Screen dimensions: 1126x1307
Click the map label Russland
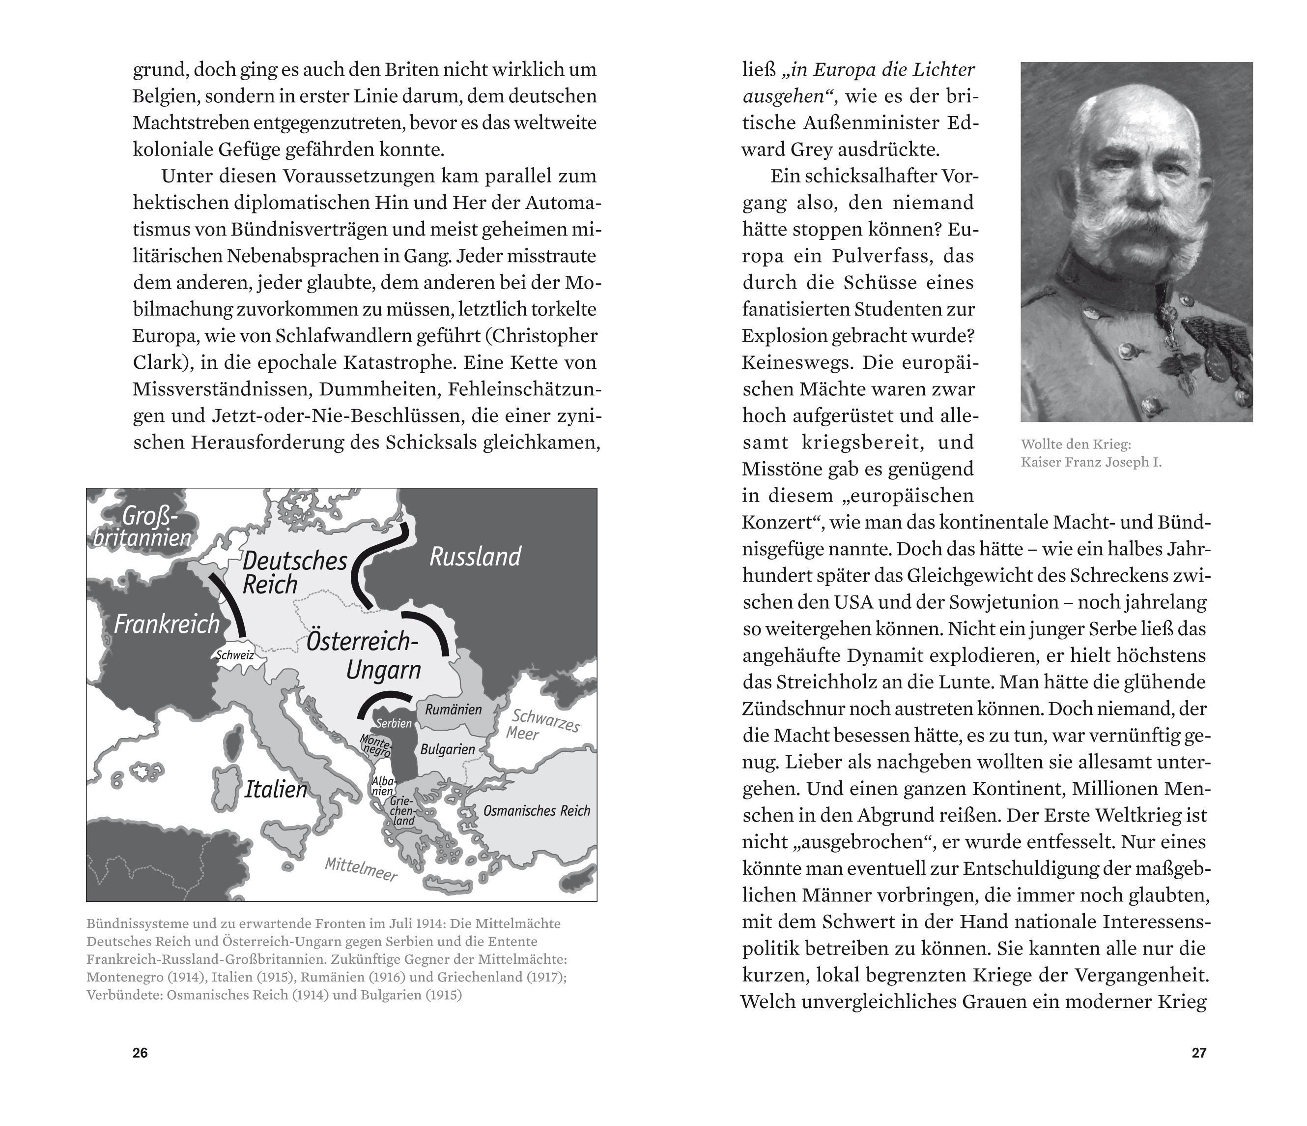click(x=475, y=557)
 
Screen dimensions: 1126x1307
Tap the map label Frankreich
click(x=167, y=624)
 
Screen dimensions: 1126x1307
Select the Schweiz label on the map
click(x=235, y=655)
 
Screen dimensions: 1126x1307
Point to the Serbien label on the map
click(x=393, y=723)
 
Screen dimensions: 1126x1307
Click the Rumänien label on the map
click(x=453, y=709)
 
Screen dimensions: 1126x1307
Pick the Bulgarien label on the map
click(x=447, y=749)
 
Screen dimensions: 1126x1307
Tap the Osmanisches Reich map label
click(x=536, y=810)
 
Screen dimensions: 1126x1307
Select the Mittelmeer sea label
click(x=361, y=869)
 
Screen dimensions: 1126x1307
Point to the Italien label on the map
click(x=275, y=789)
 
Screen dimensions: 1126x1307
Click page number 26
click(x=140, y=1053)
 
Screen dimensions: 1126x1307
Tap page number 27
click(x=1198, y=1053)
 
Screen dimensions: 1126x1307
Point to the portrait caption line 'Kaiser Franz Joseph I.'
click(x=1091, y=462)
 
